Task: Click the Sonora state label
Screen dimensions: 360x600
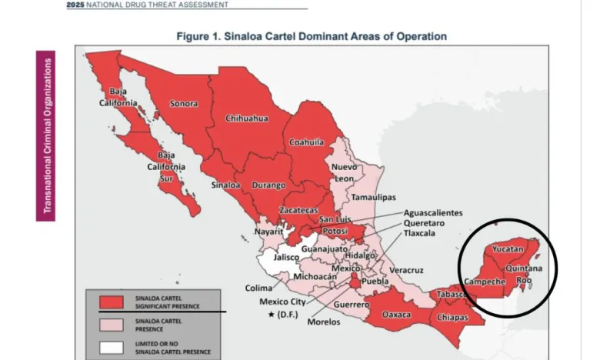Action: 184,104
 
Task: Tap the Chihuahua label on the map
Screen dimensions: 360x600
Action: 247,118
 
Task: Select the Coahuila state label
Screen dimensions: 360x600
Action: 306,142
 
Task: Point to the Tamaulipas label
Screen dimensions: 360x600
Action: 373,198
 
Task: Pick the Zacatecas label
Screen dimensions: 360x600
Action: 298,210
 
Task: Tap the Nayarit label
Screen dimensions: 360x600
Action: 270,230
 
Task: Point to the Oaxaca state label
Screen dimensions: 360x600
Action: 397,315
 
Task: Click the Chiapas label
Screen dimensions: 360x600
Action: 452,318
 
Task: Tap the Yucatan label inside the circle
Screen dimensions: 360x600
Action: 508,250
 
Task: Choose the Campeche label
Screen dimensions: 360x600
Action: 485,282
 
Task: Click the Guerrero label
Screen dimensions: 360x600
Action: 351,305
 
